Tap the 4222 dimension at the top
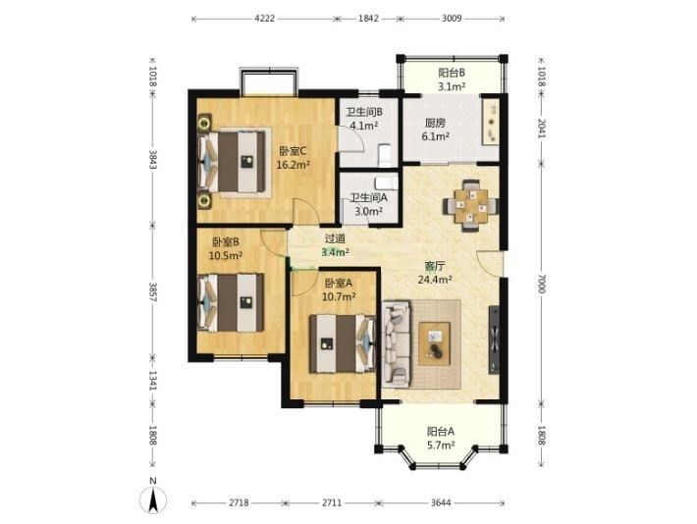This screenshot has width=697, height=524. point(264,19)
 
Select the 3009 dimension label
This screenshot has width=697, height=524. point(453,19)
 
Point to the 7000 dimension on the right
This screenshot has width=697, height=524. point(541,284)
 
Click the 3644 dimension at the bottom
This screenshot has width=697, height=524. point(441,502)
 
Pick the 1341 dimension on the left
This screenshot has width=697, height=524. point(152,381)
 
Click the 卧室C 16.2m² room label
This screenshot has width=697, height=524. point(293,158)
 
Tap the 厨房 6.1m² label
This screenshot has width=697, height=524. point(435,129)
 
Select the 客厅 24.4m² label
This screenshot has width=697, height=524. point(435,273)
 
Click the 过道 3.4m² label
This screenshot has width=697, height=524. point(335,245)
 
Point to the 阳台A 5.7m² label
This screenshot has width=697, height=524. point(441,439)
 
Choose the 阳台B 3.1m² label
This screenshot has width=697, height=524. point(452,79)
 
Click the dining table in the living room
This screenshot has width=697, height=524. point(471,205)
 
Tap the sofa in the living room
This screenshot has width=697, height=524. point(396,344)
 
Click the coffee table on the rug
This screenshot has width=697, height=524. point(434,343)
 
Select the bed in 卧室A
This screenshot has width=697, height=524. point(343,343)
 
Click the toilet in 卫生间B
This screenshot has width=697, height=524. point(385,156)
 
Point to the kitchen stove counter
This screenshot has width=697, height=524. point(491,122)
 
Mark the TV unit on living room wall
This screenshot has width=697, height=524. point(494,340)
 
